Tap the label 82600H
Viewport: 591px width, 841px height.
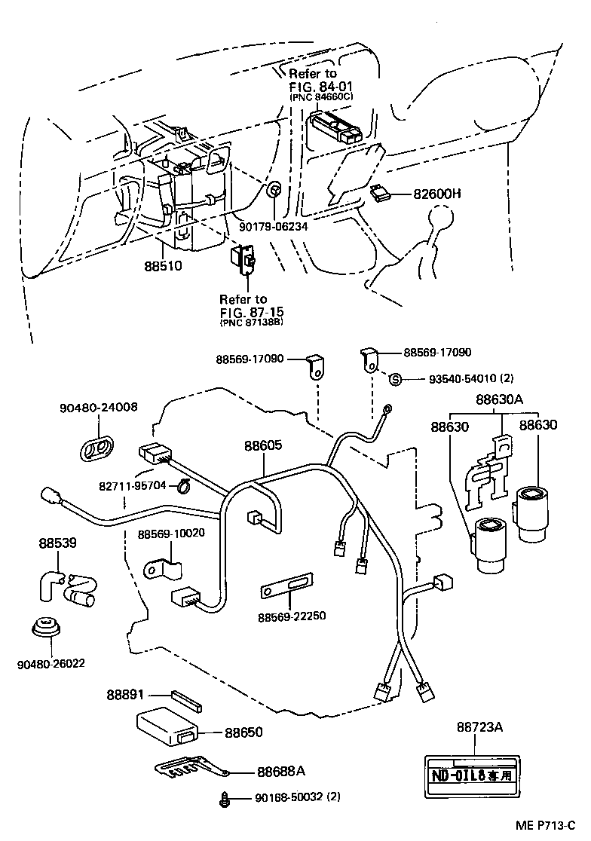(436, 194)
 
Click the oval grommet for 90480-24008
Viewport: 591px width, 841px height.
(96, 446)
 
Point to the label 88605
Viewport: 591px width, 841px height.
(262, 445)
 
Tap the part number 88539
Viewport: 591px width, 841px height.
(57, 542)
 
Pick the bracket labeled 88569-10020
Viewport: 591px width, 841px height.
(163, 567)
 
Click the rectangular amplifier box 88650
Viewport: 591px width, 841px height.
(167, 725)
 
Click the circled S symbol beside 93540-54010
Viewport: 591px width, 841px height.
(393, 378)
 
